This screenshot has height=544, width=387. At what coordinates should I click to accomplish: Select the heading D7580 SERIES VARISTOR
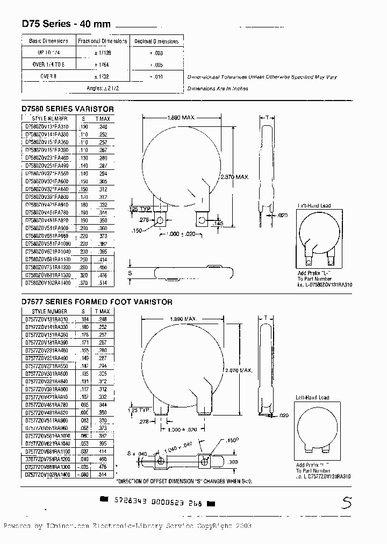click(x=68, y=109)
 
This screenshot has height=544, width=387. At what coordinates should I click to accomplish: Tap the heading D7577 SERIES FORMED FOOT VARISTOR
click(x=97, y=302)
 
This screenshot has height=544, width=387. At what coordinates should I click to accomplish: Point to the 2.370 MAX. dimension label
click(x=235, y=177)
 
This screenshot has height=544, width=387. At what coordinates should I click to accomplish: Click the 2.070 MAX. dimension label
click(x=238, y=370)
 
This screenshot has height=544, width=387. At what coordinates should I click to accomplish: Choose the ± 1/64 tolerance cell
click(x=102, y=64)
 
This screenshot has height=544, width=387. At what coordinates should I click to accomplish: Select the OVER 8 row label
click(x=48, y=76)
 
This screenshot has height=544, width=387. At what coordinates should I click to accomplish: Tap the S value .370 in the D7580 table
click(x=83, y=283)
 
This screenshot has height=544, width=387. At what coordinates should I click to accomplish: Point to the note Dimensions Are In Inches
click(x=218, y=89)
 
